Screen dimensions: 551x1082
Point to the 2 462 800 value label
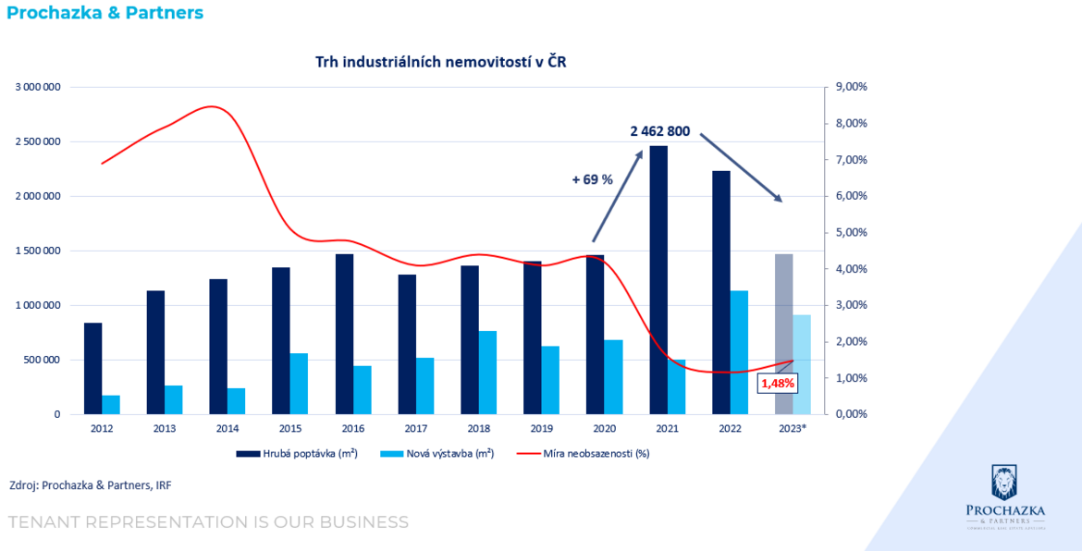click(660, 131)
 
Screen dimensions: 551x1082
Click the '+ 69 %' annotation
click(592, 179)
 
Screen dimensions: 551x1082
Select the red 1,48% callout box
click(777, 383)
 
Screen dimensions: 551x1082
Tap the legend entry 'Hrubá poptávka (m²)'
click(296, 453)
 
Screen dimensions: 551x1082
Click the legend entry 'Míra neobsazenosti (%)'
click(583, 453)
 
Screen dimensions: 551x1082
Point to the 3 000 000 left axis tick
click(38, 87)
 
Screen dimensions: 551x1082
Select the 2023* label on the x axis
click(792, 428)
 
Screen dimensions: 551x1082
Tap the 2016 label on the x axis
click(352, 428)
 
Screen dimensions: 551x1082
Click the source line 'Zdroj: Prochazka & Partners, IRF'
click(90, 484)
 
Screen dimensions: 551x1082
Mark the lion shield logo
click(1004, 483)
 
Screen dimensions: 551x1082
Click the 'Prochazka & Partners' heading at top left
click(105, 13)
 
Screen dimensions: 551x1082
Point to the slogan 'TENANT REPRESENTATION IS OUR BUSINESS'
click(208, 522)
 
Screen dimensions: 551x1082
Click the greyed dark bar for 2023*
click(783, 334)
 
